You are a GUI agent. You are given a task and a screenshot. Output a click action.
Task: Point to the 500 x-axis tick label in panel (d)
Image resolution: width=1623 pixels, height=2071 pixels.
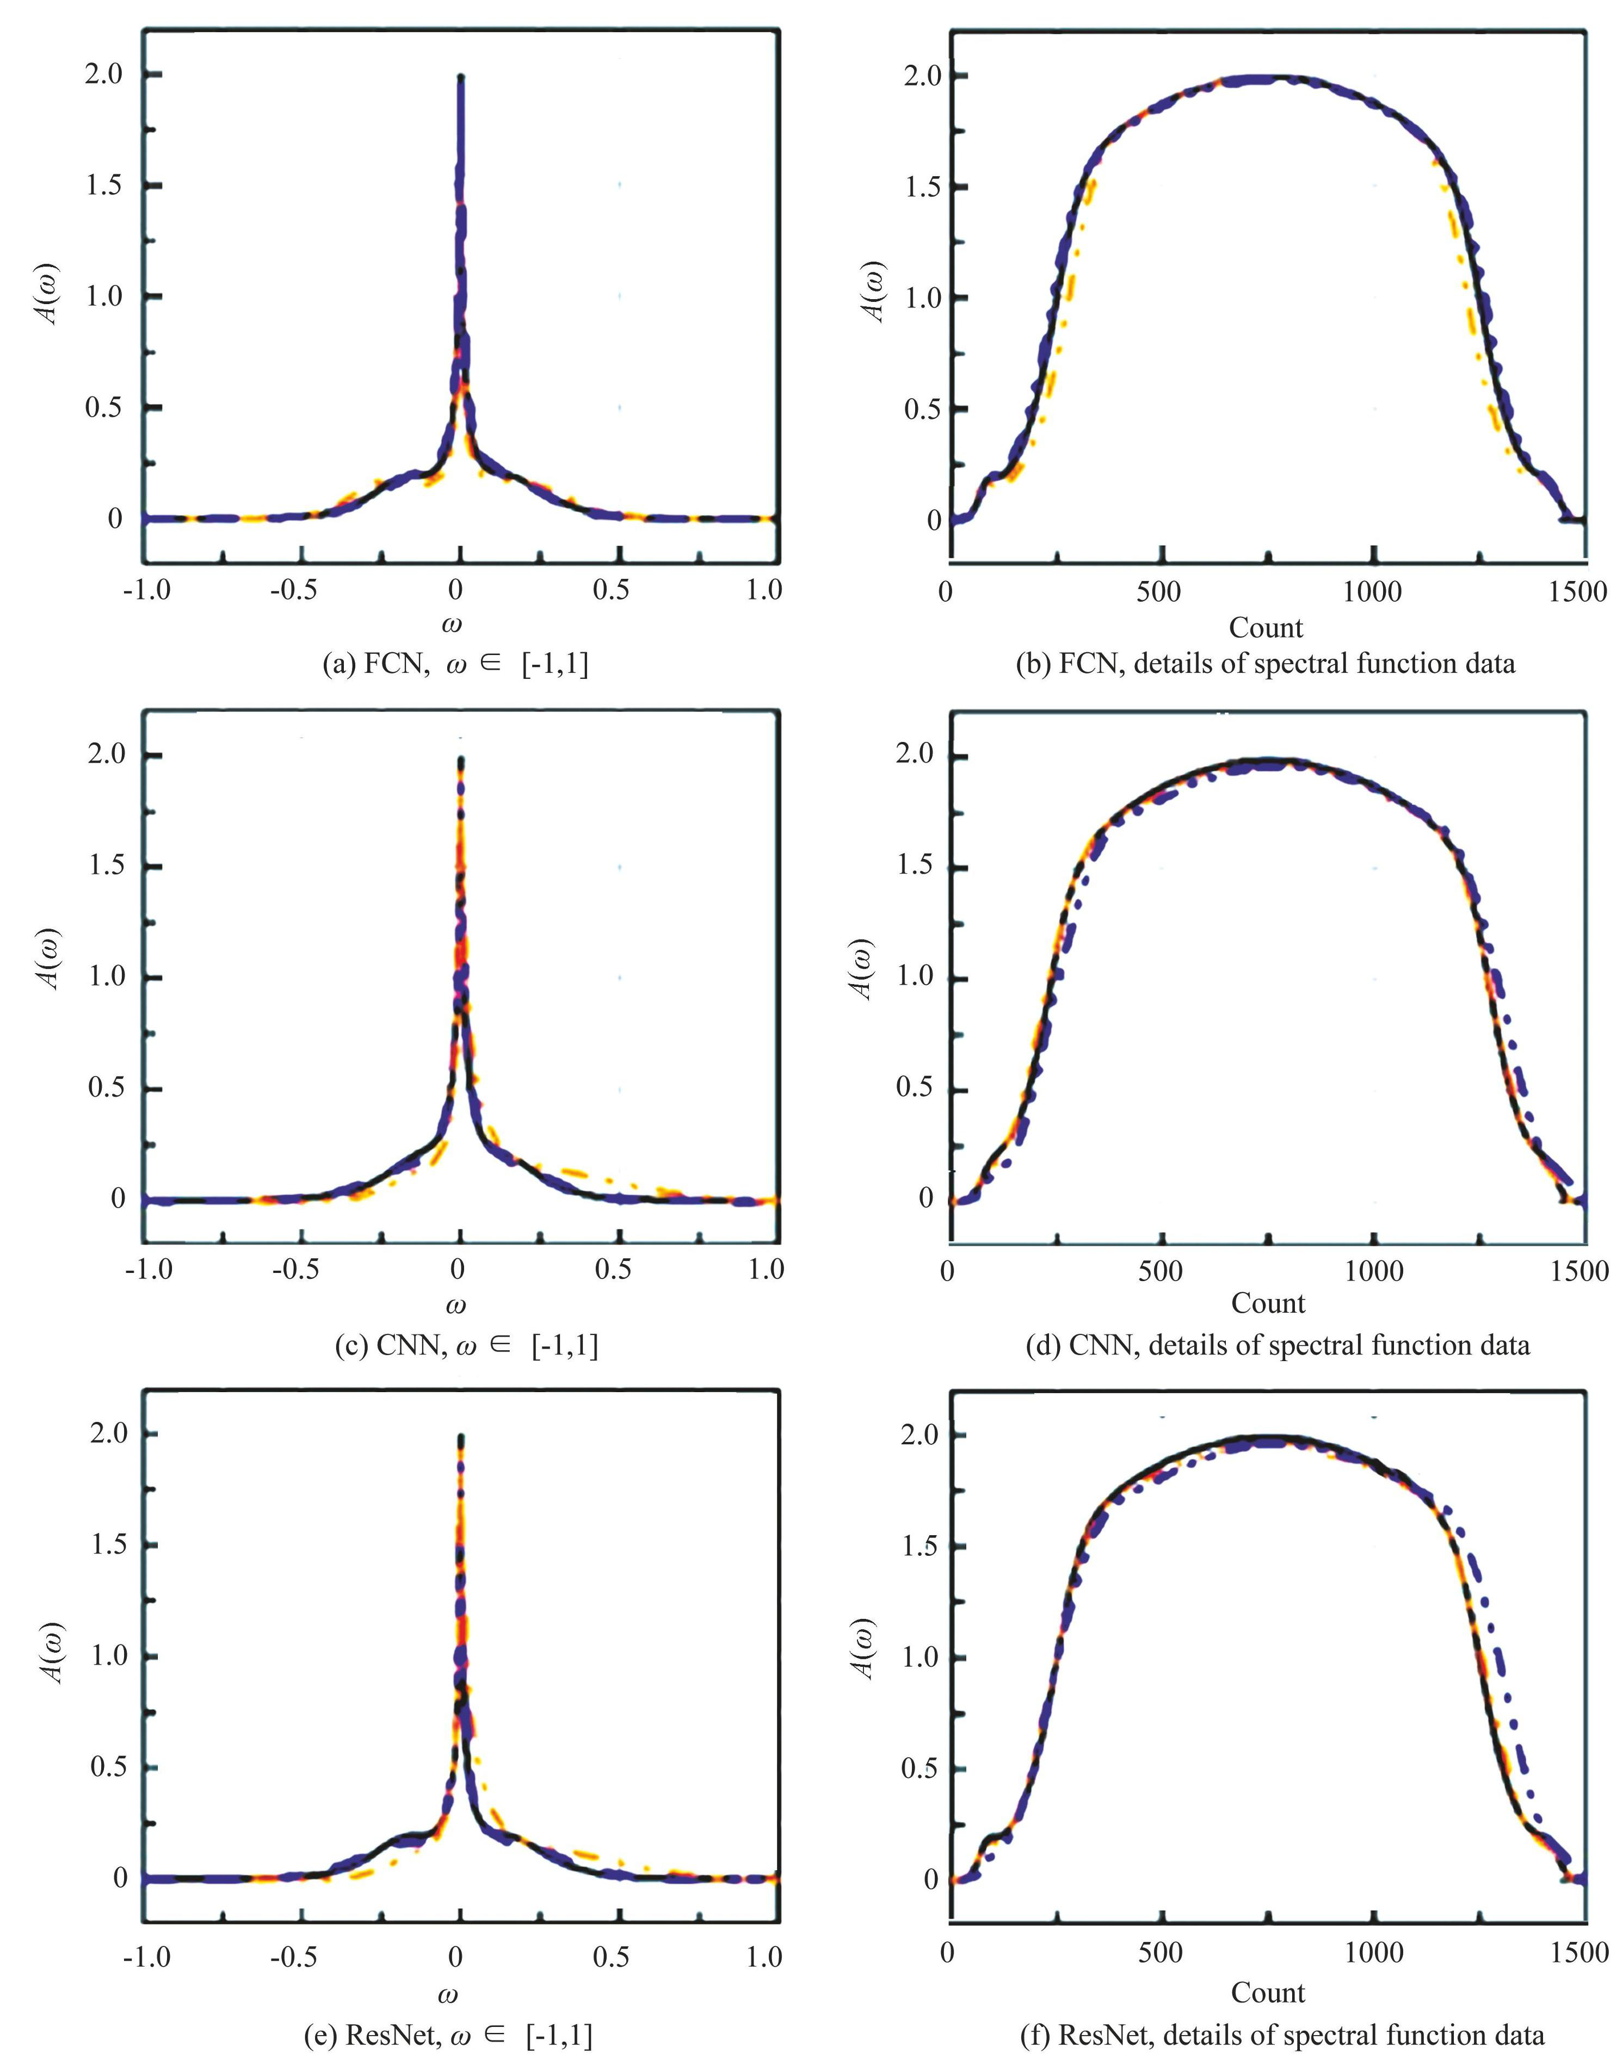1159,1271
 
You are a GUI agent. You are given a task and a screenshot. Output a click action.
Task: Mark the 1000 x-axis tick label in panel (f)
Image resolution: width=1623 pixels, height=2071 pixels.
1373,1952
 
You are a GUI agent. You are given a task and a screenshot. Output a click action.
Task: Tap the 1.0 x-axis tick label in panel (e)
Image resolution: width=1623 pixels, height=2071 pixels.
764,1955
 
